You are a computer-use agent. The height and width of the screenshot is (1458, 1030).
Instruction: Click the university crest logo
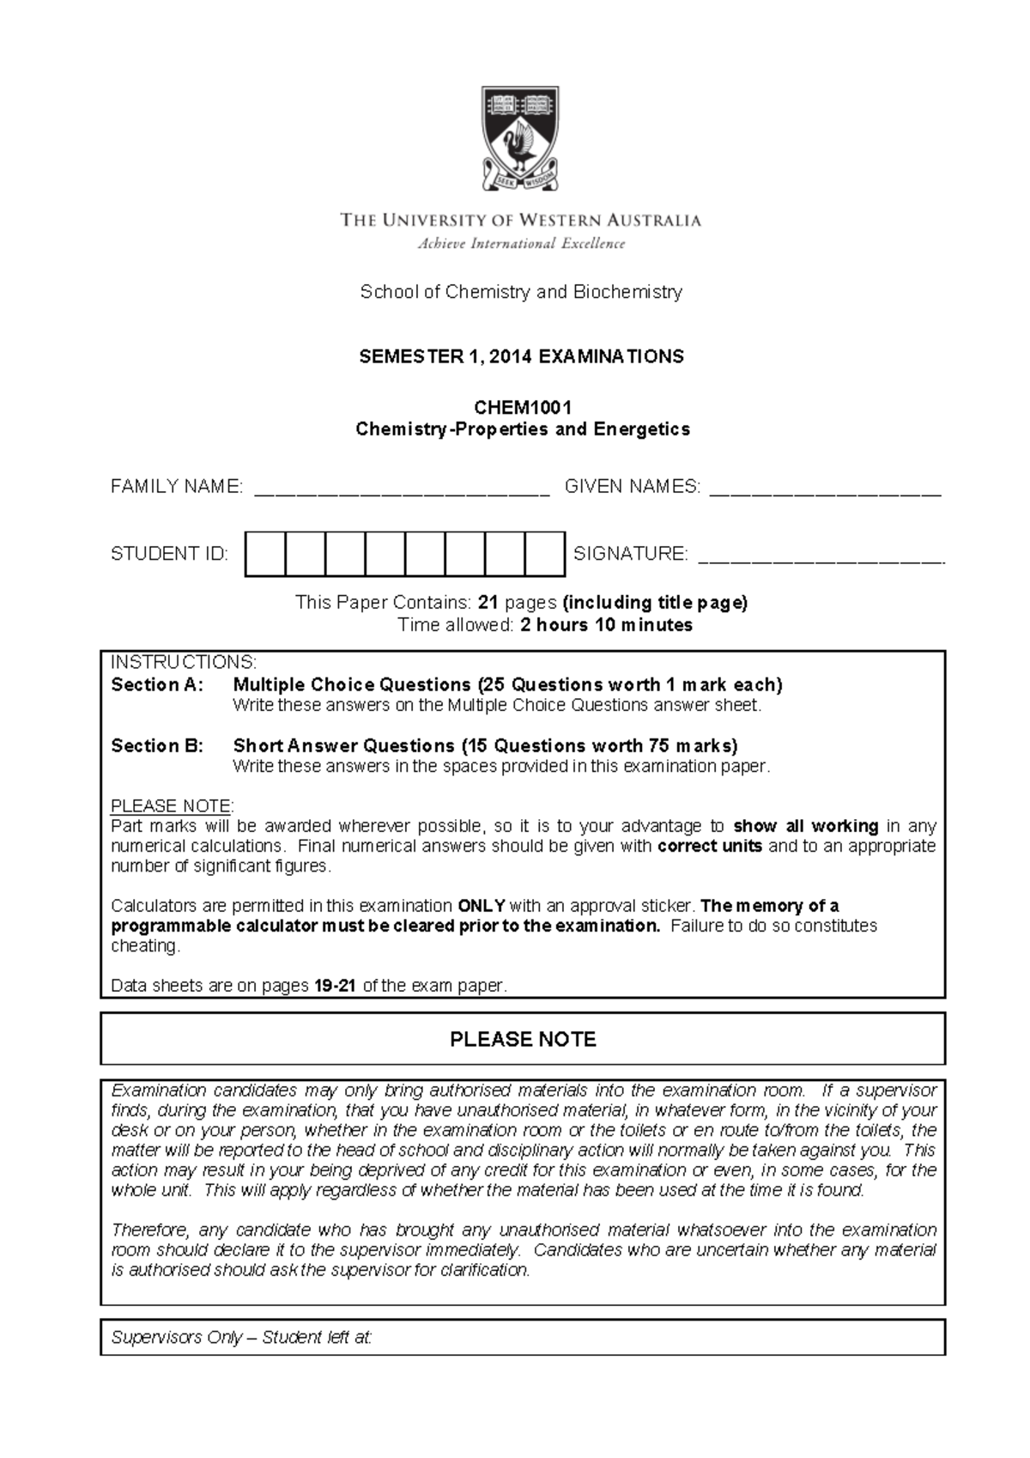tap(521, 137)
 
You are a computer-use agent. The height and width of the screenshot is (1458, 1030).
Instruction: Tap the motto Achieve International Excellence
tap(521, 244)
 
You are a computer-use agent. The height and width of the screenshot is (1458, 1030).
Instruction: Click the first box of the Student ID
tap(265, 554)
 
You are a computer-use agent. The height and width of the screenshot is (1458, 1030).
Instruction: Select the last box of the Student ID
tap(544, 554)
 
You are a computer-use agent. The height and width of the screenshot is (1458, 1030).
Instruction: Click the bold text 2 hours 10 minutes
tap(606, 625)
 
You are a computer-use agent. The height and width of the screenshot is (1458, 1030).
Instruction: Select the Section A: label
tap(158, 685)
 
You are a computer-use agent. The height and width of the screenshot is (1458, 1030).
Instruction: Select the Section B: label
tap(158, 745)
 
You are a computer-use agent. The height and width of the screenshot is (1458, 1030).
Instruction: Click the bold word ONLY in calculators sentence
tap(482, 906)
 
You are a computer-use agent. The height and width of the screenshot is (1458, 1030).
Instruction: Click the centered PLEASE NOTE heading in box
tap(523, 1040)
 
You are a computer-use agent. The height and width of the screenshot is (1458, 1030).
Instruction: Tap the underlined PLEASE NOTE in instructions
tap(172, 806)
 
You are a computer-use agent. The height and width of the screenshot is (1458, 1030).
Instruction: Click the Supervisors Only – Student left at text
tap(242, 1337)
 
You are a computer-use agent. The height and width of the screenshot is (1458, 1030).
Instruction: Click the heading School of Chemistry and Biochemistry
tap(521, 292)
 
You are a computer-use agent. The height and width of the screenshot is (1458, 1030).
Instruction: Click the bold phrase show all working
tap(805, 826)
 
